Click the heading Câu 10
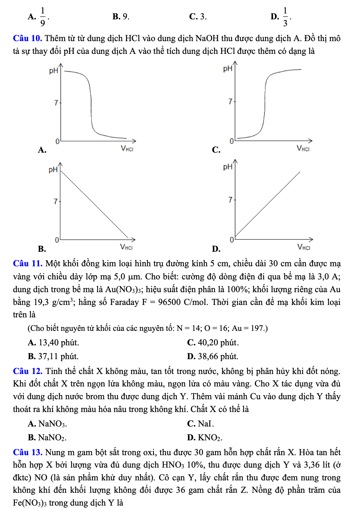27,38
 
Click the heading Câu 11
28,263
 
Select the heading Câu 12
28,371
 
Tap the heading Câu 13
28,452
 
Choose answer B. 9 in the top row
121,17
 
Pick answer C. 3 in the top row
198,17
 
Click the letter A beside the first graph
42,150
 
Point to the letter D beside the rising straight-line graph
216,249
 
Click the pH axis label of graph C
228,68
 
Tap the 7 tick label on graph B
56,201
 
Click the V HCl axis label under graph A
127,148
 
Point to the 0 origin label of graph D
232,240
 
